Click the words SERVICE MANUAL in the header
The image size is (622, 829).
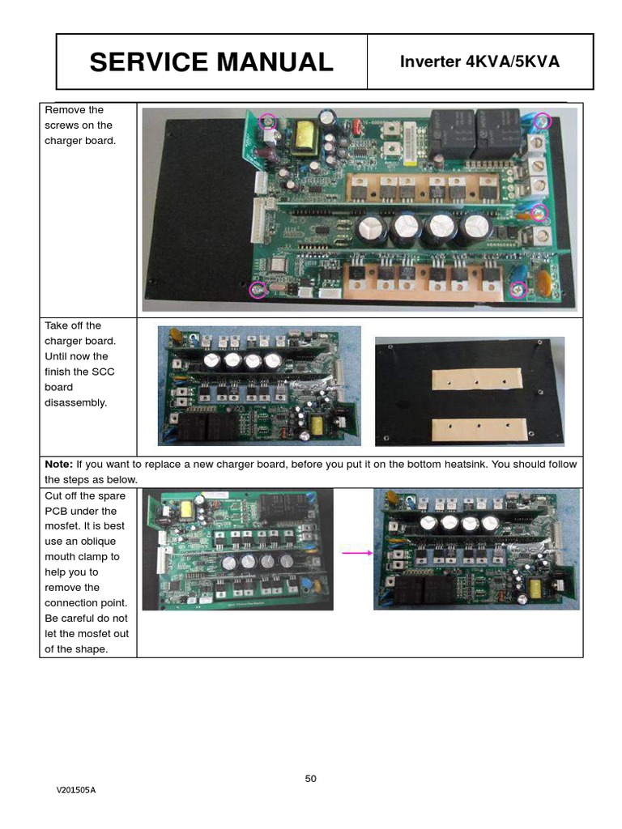pyautogui.click(x=211, y=62)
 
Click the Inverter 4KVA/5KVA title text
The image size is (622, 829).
pyautogui.click(x=479, y=62)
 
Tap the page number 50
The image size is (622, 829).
pyautogui.click(x=311, y=779)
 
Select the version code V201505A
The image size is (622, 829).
pyautogui.click(x=76, y=790)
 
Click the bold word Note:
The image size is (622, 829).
pyautogui.click(x=58, y=465)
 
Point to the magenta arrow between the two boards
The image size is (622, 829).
pyautogui.click(x=357, y=553)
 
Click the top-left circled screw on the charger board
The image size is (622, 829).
pyautogui.click(x=268, y=121)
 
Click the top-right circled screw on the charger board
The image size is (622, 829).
pyautogui.click(x=542, y=121)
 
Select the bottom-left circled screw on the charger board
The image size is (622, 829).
pyautogui.click(x=258, y=288)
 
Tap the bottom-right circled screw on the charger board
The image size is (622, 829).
pyautogui.click(x=518, y=287)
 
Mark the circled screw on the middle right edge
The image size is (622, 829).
pyautogui.click(x=539, y=213)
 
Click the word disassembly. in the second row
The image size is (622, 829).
pyautogui.click(x=75, y=402)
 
